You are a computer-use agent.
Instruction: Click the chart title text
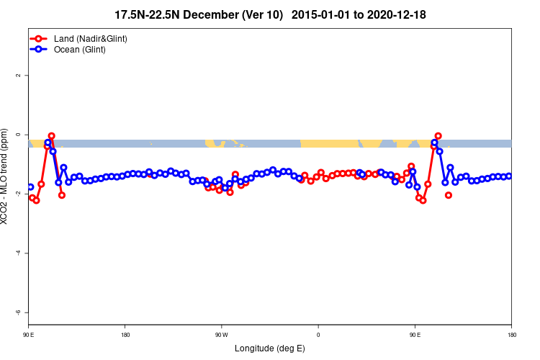(x=274, y=14)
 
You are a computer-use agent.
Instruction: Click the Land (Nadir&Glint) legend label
(x=91, y=38)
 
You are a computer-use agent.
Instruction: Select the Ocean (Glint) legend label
(x=80, y=50)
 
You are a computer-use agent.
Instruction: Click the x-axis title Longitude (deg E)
(x=270, y=348)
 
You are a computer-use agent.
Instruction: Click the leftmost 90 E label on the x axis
(x=29, y=335)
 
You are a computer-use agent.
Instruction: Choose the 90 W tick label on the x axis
(x=221, y=335)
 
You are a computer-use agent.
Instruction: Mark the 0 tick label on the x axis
(x=318, y=335)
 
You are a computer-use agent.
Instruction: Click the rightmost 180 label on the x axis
(x=511, y=335)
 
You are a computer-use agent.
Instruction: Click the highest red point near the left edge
(x=51, y=135)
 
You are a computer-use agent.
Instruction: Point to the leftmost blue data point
(x=30, y=187)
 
